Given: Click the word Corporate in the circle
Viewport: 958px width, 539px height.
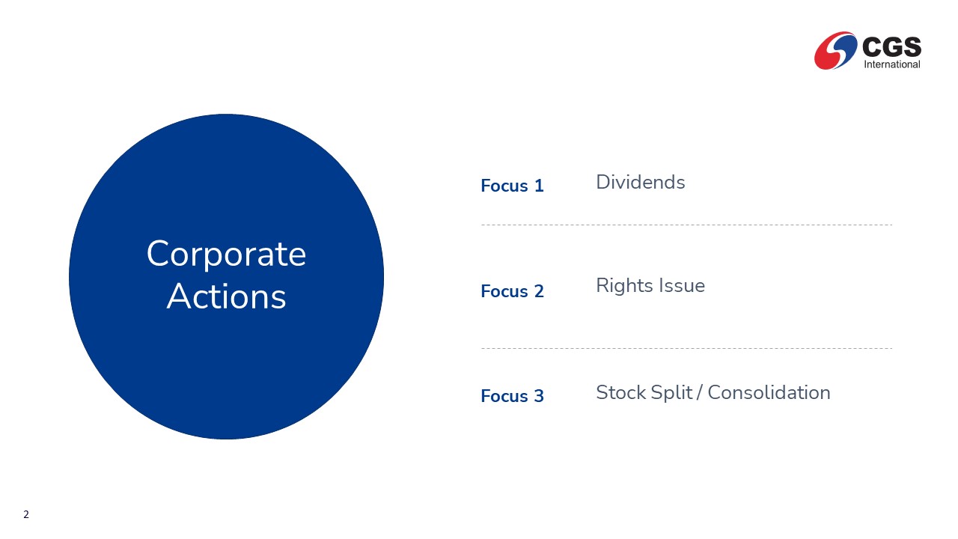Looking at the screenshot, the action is coord(226,254).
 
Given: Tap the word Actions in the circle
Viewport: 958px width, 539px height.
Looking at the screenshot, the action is coord(226,296).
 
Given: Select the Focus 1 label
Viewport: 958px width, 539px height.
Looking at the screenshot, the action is coord(512,186).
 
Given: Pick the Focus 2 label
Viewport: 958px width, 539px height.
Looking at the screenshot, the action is coord(512,291).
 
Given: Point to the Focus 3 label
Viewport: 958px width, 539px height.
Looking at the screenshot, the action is coord(512,396).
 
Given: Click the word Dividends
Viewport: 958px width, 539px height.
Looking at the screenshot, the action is coord(640,182).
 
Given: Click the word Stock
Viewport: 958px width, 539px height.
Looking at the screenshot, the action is coord(621,393).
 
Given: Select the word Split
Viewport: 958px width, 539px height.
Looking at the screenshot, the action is coord(671,393).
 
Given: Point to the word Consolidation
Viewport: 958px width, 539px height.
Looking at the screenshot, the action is coord(769,393).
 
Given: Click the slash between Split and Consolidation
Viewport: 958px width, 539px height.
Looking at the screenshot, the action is coord(700,393).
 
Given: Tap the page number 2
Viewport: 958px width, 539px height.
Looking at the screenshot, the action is coord(26,514).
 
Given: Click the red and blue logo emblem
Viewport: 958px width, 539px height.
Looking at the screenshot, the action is coord(836,50).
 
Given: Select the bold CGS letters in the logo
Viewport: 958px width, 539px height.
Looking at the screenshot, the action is coord(891,46).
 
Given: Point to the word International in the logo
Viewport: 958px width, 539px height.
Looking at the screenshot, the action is coord(891,64).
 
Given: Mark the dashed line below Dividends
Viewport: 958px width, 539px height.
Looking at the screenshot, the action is coord(686,225).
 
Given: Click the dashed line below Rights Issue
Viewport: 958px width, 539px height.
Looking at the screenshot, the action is coord(686,349).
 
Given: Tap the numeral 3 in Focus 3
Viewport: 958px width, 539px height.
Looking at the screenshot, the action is coord(539,396).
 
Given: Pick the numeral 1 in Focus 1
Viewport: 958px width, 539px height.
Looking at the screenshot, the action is coord(539,186).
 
